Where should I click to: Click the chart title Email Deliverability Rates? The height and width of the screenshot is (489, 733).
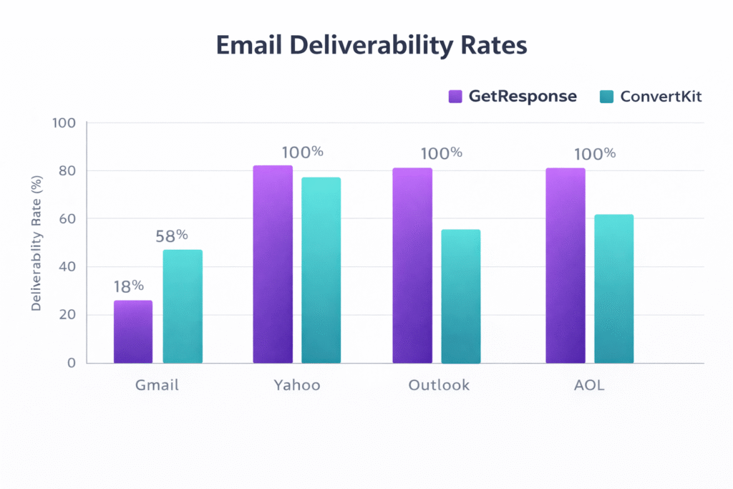[372, 44]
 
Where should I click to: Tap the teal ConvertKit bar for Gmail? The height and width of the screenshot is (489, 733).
[183, 306]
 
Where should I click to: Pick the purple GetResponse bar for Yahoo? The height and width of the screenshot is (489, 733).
[273, 264]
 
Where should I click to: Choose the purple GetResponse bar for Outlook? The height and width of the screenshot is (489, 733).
[412, 265]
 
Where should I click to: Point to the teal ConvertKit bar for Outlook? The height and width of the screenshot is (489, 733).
[460, 296]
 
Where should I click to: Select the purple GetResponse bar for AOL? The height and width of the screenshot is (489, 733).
[565, 265]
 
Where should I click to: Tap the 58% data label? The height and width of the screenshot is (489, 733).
[172, 235]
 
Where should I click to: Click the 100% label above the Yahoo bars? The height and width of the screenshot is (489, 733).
[302, 152]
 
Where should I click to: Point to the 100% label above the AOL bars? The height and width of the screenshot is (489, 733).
[594, 153]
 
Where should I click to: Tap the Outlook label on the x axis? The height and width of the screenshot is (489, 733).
[439, 385]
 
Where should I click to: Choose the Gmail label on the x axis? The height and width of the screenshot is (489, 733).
[157, 385]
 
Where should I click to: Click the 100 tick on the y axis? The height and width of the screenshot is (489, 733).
[64, 122]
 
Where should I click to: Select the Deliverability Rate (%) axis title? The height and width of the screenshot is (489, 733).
[37, 243]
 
